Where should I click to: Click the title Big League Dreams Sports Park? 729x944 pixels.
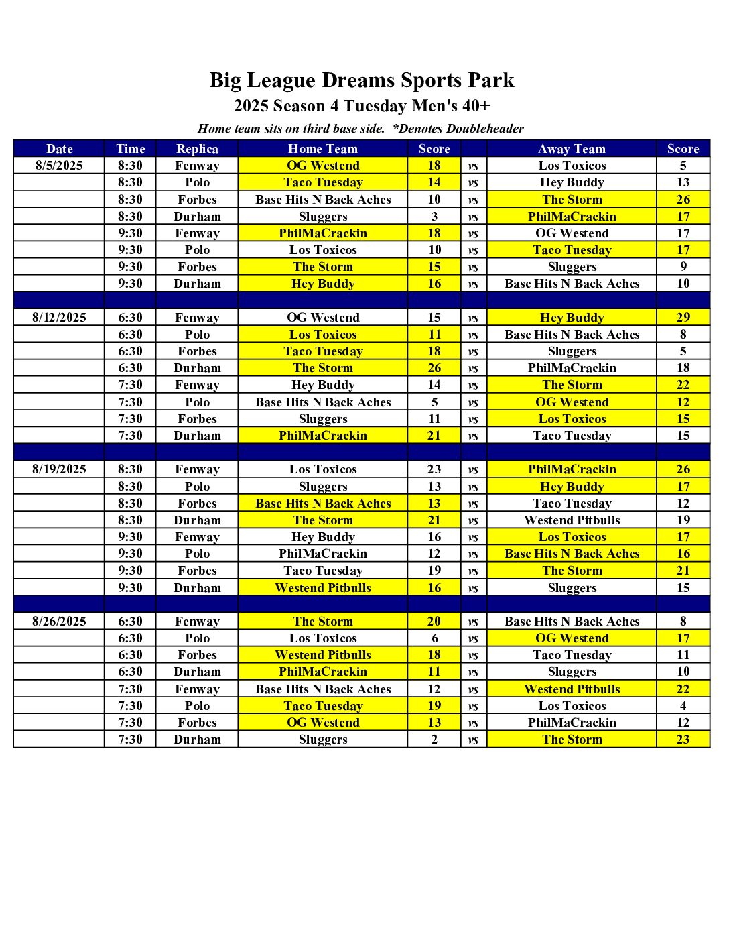[362, 80]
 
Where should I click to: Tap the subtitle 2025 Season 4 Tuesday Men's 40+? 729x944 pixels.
[362, 106]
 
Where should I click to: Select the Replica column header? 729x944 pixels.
[197, 149]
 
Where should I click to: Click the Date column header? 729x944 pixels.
[59, 149]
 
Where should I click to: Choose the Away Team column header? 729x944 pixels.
[572, 149]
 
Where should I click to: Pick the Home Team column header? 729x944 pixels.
[323, 149]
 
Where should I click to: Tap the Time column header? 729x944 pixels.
[130, 149]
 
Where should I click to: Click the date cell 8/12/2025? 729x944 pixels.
[59, 318]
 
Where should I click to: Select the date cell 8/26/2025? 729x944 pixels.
[59, 622]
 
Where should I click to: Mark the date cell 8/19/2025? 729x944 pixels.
[59, 469]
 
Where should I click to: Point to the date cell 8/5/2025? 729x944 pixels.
[59, 166]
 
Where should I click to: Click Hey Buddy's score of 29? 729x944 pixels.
[683, 318]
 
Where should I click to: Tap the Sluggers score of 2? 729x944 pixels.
[434, 740]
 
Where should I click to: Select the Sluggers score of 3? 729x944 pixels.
[434, 217]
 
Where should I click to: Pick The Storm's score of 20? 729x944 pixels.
[434, 622]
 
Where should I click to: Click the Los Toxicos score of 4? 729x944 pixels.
[683, 706]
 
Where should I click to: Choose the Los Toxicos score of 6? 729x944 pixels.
[434, 638]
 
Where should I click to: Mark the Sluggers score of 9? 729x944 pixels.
[683, 267]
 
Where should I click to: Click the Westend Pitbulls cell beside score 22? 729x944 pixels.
[572, 689]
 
